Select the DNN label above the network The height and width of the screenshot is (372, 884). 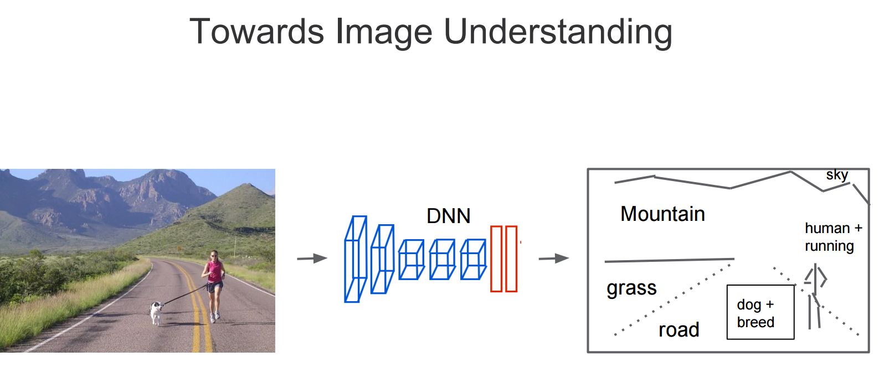pyautogui.click(x=448, y=216)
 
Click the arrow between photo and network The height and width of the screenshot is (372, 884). pyautogui.click(x=312, y=259)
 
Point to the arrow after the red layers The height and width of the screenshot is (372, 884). pyautogui.click(x=554, y=259)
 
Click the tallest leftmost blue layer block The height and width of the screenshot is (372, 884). pyautogui.click(x=355, y=259)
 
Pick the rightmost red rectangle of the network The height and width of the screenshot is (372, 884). pyautogui.click(x=511, y=259)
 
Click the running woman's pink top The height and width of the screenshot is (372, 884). pyautogui.click(x=214, y=271)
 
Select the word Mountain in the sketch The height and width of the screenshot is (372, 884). pyautogui.click(x=662, y=214)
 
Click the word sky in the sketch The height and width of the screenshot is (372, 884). pyautogui.click(x=836, y=175)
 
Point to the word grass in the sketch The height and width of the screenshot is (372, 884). pyautogui.click(x=631, y=288)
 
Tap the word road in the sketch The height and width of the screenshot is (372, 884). pyautogui.click(x=679, y=330)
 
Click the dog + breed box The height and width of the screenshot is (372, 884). pyautogui.click(x=760, y=312)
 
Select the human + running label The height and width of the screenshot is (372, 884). pyautogui.click(x=832, y=237)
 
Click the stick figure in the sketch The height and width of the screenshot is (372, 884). pyautogui.click(x=815, y=296)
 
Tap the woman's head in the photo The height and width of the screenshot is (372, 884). pyautogui.click(x=214, y=255)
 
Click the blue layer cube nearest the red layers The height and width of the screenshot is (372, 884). pyautogui.click(x=473, y=259)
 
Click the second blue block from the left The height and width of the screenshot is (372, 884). pyautogui.click(x=382, y=259)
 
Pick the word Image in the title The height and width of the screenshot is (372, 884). pyautogui.click(x=383, y=32)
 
